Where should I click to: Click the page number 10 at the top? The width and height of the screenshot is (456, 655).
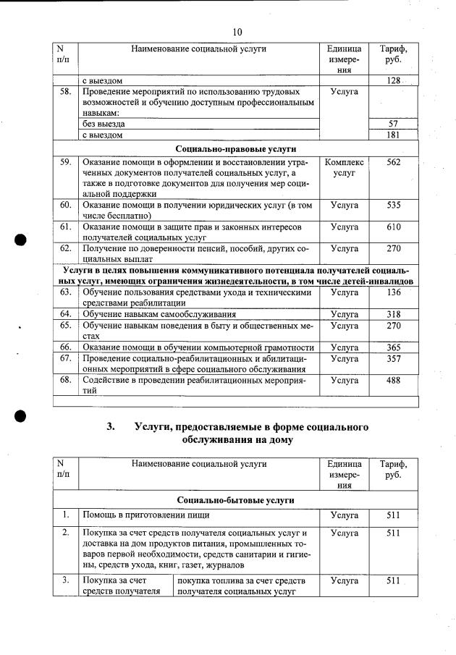(x=237, y=31)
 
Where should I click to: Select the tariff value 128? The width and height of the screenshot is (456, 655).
(x=393, y=80)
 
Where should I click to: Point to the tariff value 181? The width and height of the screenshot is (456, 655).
(x=393, y=135)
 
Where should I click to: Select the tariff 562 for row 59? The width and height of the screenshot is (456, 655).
(x=393, y=163)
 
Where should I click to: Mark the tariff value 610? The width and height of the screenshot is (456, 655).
(x=393, y=227)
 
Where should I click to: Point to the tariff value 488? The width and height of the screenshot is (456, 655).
(x=393, y=380)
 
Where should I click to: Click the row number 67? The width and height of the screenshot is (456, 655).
(x=65, y=358)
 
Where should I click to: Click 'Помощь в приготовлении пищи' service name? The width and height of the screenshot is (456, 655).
(x=145, y=515)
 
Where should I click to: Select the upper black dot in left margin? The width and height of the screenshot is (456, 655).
(x=22, y=240)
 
